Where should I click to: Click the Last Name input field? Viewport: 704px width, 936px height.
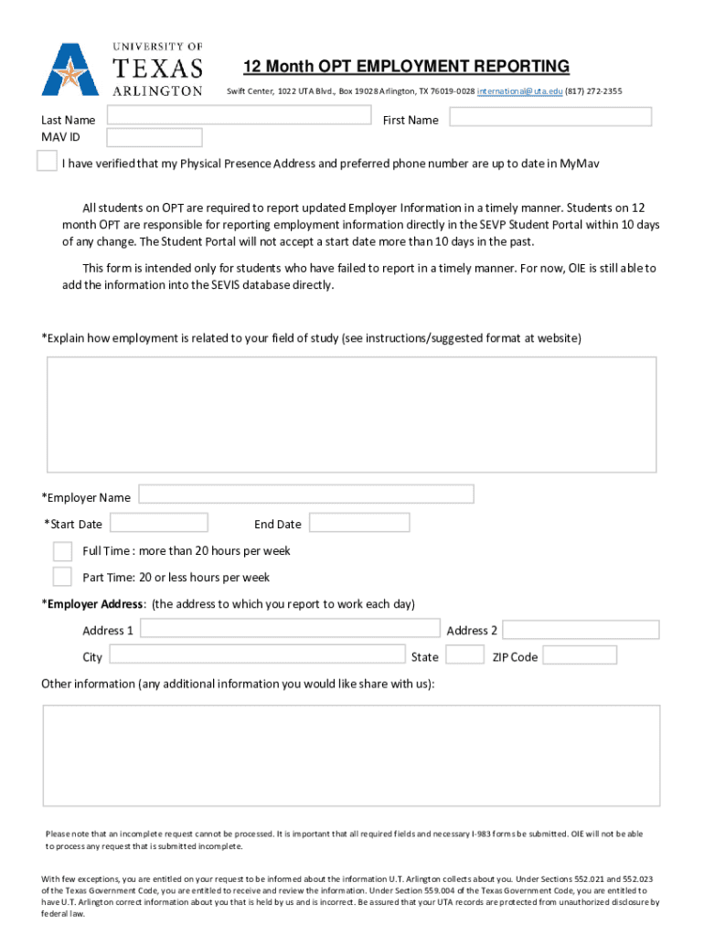239,116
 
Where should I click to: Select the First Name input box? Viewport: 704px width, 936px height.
550,117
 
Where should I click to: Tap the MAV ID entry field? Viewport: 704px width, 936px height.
155,138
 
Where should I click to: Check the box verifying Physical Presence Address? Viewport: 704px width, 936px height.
46,162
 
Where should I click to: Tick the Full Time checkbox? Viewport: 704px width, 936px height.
62,551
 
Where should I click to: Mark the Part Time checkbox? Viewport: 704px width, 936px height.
62,577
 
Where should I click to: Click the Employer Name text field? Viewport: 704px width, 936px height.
305,495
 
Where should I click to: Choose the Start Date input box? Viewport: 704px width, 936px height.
159,523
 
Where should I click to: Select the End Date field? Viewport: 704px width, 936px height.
359,523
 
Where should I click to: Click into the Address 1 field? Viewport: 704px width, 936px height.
290,629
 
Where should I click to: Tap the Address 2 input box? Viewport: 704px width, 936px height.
581,630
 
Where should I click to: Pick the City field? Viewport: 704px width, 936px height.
258,654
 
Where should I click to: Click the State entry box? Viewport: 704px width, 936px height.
464,655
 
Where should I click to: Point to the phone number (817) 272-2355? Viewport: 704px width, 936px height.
593,91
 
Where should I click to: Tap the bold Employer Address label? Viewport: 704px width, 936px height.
96,604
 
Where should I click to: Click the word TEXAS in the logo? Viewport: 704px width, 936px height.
157,68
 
